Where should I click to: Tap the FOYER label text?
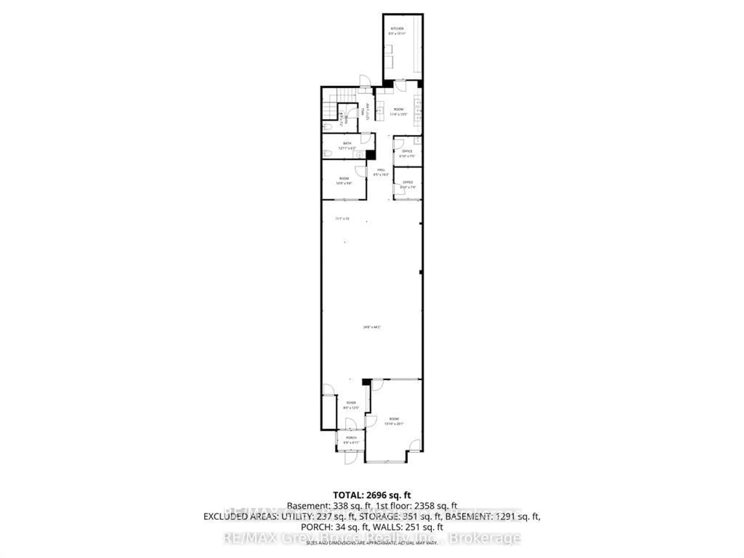point(351,403)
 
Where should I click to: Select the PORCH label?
point(351,438)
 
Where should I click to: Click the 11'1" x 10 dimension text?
point(342,219)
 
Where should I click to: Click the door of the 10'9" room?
point(361,171)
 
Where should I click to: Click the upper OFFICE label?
point(407,151)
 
